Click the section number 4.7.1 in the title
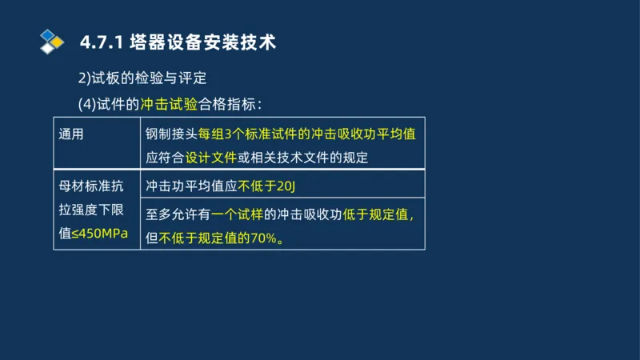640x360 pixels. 101,42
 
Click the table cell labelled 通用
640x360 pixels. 71,134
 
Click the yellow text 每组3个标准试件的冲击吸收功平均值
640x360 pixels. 307,134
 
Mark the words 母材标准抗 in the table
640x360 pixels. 91,187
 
